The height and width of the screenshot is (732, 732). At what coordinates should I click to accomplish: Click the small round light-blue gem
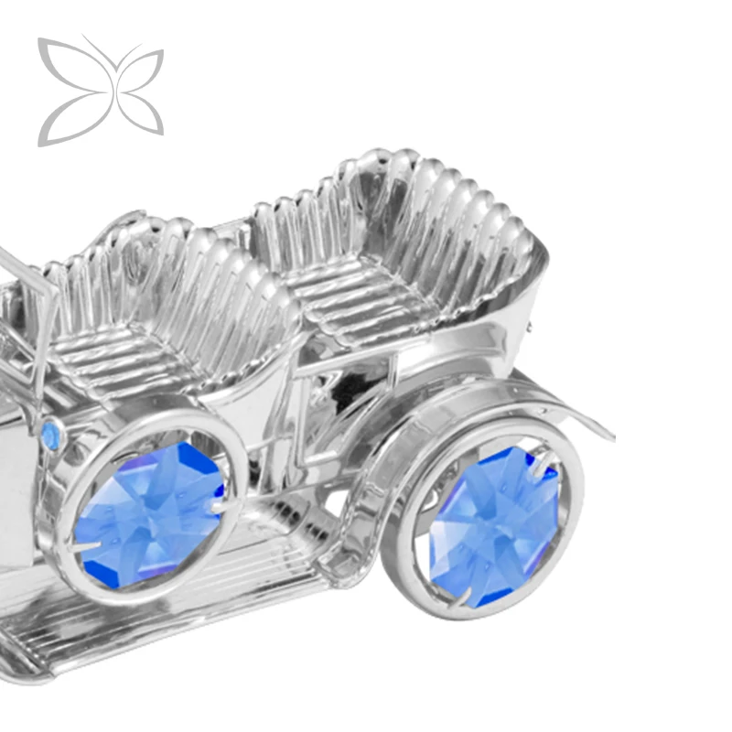tap(51, 435)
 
